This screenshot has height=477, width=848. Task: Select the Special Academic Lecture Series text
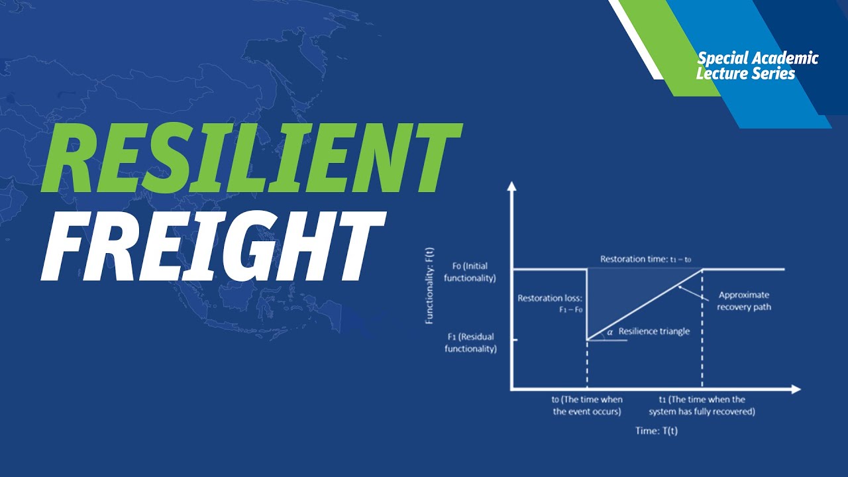pyautogui.click(x=757, y=66)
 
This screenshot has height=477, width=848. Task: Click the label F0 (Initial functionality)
pyautogui.click(x=470, y=272)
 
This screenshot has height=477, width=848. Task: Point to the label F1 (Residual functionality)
pyautogui.click(x=470, y=343)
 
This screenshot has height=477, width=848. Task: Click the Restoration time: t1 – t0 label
pyautogui.click(x=645, y=259)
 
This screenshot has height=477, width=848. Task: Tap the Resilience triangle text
pyautogui.click(x=654, y=331)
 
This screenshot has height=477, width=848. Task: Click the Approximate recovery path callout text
pyautogui.click(x=744, y=301)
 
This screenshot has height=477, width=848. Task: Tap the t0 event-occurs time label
pyautogui.click(x=587, y=405)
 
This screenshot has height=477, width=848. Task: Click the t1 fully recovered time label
pyautogui.click(x=702, y=405)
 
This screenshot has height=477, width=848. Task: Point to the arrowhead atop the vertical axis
pyautogui.click(x=511, y=187)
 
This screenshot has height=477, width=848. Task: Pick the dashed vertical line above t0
pyautogui.click(x=587, y=364)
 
